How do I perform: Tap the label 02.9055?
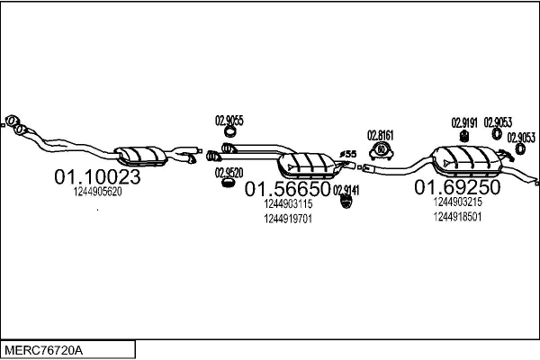(x=228, y=121)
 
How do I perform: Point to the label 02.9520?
(x=228, y=172)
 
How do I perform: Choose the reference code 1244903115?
(x=288, y=204)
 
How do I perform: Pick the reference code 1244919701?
(x=288, y=219)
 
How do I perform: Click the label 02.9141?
(x=346, y=190)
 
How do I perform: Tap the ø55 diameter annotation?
(x=348, y=154)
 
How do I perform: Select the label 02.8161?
(x=382, y=134)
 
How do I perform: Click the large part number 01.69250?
(x=456, y=188)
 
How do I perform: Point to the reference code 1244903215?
(x=457, y=202)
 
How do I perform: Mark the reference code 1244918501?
(x=457, y=217)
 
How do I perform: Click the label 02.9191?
(x=464, y=121)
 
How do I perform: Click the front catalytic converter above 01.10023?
(x=141, y=156)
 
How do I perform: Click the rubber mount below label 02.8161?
(x=382, y=149)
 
